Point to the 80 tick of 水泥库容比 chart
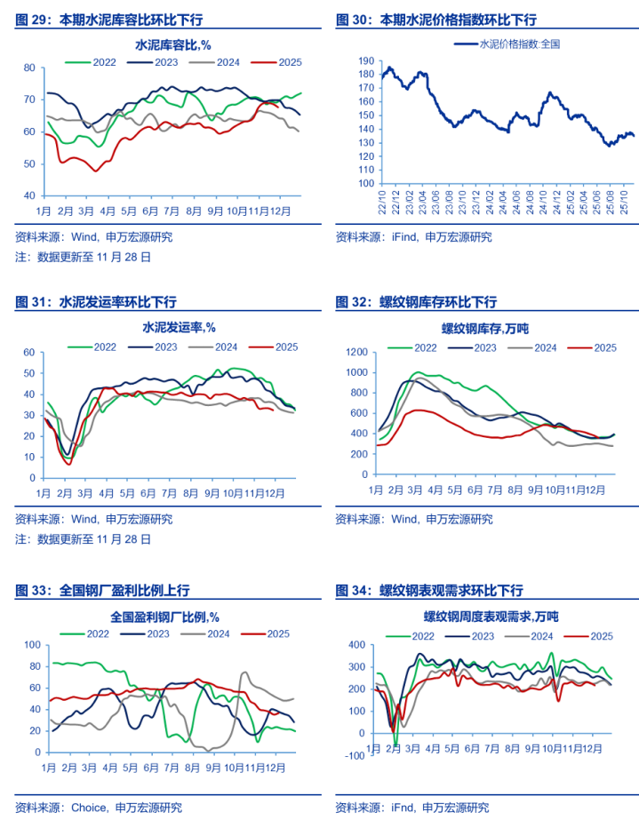pyautogui.click(x=28, y=68)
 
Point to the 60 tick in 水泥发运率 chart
pyautogui.click(x=28, y=353)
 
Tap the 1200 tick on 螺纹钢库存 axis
pyautogui.click(x=355, y=353)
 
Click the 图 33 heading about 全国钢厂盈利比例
pyautogui.click(x=102, y=589)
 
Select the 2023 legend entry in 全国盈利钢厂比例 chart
pyautogui.click(x=158, y=633)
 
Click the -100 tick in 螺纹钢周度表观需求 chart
pyautogui.click(x=355, y=756)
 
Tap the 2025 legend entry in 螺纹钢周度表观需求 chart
pyautogui.click(x=602, y=636)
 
